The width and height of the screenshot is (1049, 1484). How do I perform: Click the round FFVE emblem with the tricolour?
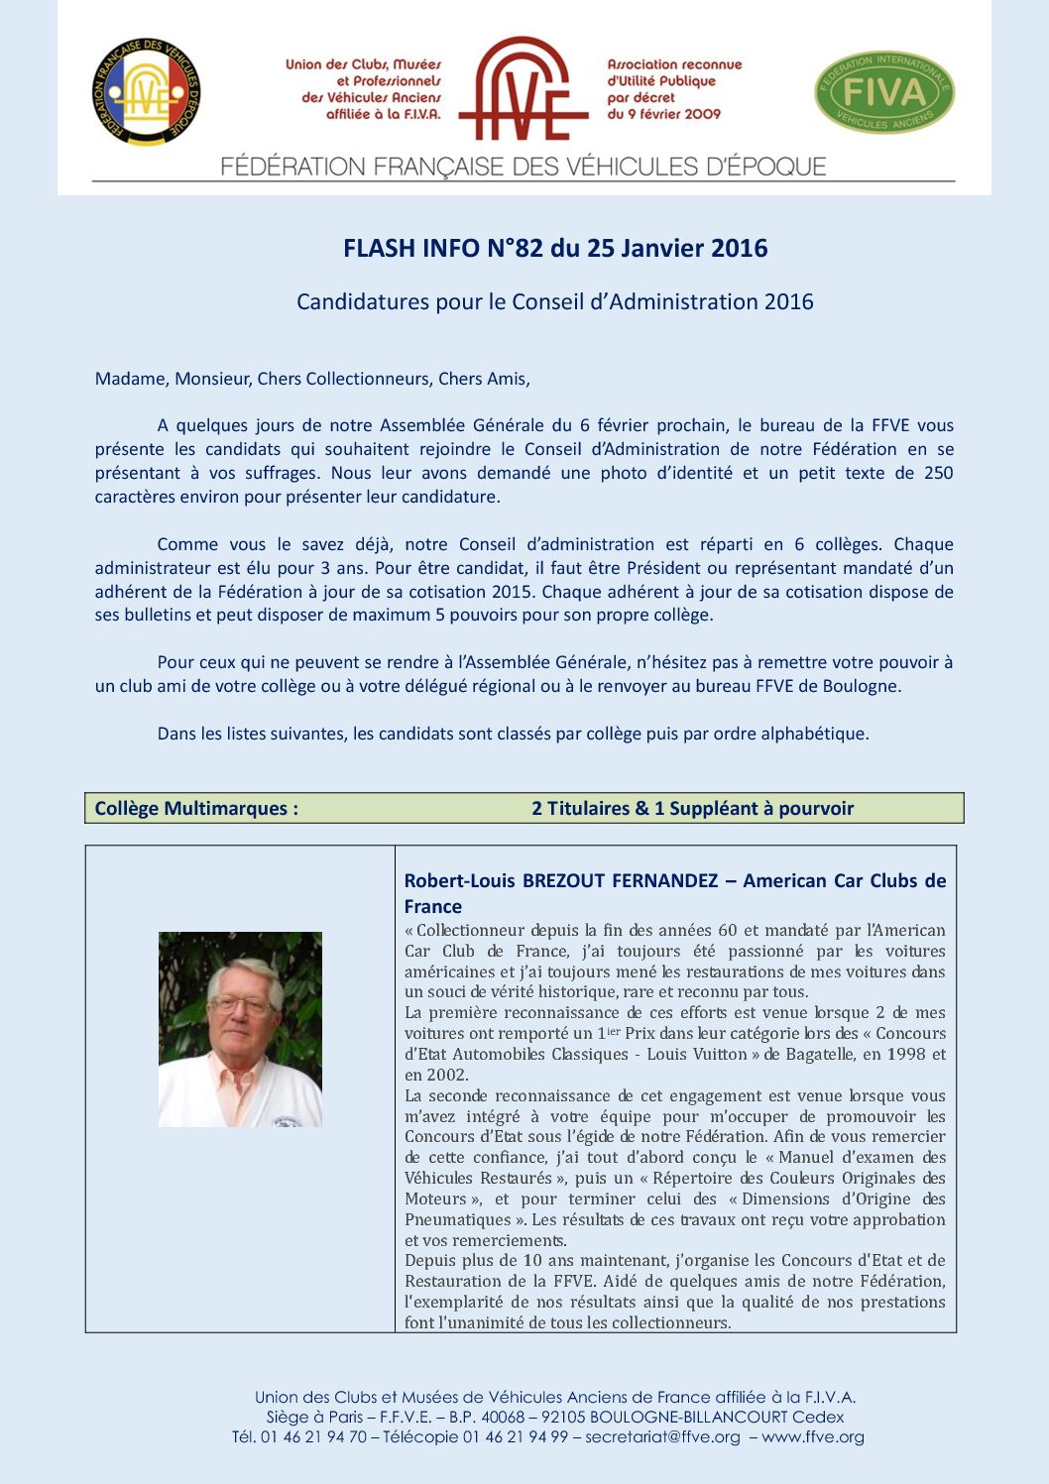pos(147,92)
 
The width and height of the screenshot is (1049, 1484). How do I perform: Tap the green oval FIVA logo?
pos(884,92)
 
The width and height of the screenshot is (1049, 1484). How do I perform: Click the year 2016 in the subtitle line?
pos(788,302)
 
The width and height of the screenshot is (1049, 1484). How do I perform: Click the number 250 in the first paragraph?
pos(938,473)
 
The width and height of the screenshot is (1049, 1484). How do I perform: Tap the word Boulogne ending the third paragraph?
pos(866,686)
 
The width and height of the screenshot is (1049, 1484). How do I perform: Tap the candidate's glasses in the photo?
pos(242,1005)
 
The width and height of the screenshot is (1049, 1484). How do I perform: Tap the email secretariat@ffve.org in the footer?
pos(662,1436)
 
